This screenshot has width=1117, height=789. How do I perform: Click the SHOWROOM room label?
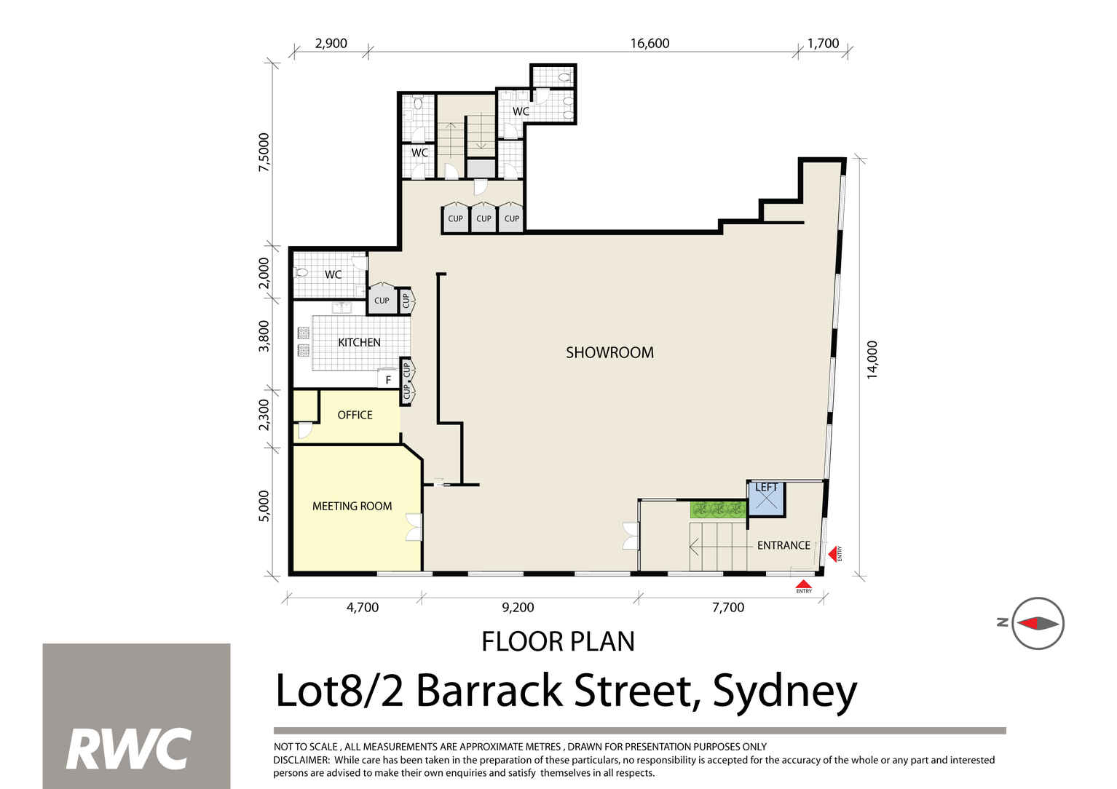click(x=609, y=353)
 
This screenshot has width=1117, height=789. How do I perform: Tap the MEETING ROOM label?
click(x=352, y=507)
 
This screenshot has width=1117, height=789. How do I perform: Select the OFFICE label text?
click(x=355, y=415)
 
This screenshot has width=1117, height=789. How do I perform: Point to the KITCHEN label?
click(x=359, y=342)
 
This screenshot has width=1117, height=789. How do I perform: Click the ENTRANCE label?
click(x=784, y=545)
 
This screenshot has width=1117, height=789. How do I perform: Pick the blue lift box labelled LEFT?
click(x=766, y=498)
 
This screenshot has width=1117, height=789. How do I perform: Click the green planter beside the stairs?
click(x=719, y=510)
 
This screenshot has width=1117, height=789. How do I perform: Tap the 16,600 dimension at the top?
click(x=650, y=44)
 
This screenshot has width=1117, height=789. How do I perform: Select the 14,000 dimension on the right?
click(x=872, y=360)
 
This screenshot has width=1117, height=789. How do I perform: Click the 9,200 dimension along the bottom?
click(x=518, y=607)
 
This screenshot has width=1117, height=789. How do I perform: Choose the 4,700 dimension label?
click(x=361, y=607)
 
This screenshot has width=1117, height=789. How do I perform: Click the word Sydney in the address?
click(x=784, y=691)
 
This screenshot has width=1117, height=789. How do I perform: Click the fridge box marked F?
click(x=387, y=379)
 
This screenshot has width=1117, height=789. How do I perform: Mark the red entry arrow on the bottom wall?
click(x=803, y=584)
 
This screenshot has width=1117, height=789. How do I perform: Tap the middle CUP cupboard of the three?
click(x=483, y=219)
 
